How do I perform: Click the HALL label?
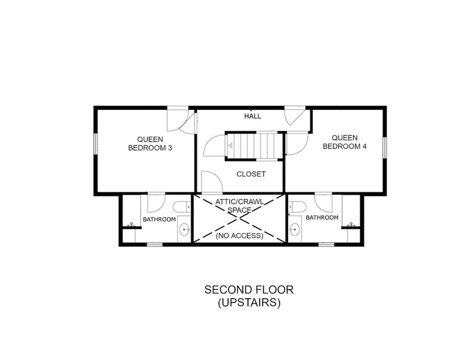tap(253, 116)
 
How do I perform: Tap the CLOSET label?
tap(251, 174)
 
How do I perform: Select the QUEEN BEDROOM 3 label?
tap(150, 144)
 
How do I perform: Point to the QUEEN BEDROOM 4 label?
tap(345, 142)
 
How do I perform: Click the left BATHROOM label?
tap(159, 219)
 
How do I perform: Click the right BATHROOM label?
tap(322, 218)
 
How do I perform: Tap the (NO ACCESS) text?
tap(239, 236)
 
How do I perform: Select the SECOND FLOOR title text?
tap(249, 290)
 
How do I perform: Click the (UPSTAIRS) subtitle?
tap(249, 303)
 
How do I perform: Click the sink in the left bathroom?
tap(185, 230)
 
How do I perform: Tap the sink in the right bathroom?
tap(295, 230)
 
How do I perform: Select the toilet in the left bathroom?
tap(182, 206)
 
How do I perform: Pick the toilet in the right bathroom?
tap(297, 206)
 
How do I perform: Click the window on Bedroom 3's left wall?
tap(96, 144)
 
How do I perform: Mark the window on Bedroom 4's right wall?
tap(385, 147)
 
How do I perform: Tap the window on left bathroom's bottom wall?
tap(155, 245)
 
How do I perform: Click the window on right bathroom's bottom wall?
tap(326, 245)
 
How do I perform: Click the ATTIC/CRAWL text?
tap(239, 202)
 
